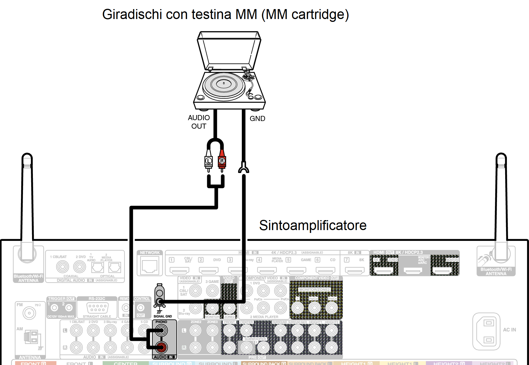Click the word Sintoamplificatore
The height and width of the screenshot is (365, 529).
click(x=313, y=225)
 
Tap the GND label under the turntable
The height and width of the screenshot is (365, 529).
click(x=257, y=119)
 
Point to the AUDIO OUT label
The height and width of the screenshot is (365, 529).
click(x=199, y=122)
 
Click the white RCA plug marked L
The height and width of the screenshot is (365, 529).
click(x=209, y=161)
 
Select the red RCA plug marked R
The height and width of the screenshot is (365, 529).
click(x=222, y=161)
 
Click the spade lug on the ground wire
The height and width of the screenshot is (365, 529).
click(x=244, y=168)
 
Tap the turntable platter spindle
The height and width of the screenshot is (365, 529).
click(x=224, y=83)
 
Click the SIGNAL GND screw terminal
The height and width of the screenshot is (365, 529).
click(x=160, y=301)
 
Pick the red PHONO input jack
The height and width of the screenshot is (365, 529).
click(x=161, y=347)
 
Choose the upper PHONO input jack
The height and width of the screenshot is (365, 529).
click(x=161, y=330)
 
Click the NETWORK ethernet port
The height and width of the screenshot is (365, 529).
click(x=150, y=266)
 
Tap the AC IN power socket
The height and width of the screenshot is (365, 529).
click(x=486, y=331)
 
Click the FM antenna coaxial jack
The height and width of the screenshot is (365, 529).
click(x=29, y=313)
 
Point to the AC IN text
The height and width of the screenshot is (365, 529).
click(x=509, y=330)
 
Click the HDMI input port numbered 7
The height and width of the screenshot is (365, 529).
click(x=354, y=270)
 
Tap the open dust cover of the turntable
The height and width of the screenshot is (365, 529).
click(x=229, y=51)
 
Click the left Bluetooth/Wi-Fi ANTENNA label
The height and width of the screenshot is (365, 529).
click(x=28, y=278)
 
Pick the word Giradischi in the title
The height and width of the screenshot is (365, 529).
click(x=132, y=14)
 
